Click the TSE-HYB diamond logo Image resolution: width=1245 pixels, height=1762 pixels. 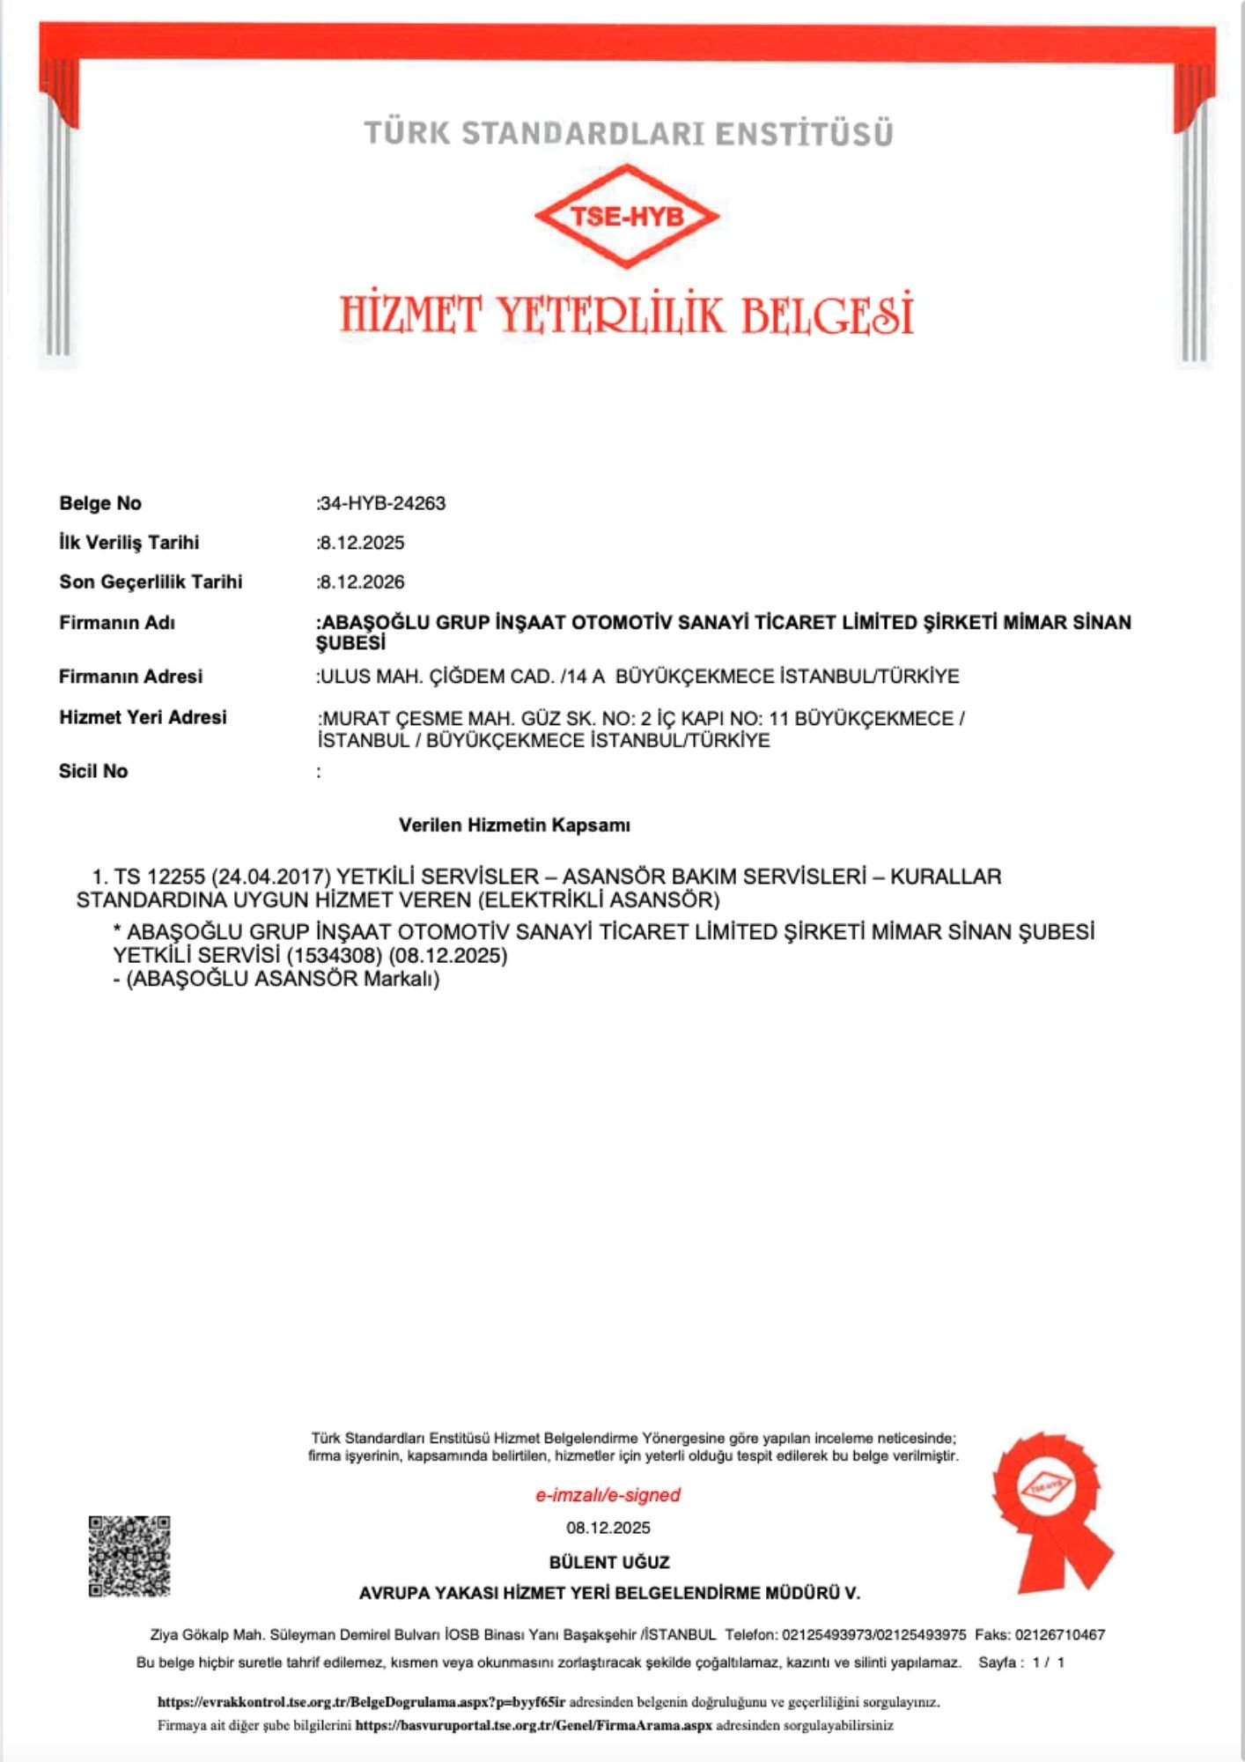tap(626, 217)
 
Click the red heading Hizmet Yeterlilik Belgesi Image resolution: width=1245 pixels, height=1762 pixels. tap(626, 315)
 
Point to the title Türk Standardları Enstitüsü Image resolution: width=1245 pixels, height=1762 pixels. tap(629, 134)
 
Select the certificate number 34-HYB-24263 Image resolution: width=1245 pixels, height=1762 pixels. tap(383, 504)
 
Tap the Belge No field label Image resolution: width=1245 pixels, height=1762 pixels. tap(99, 504)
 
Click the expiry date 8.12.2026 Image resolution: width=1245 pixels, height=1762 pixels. tap(363, 582)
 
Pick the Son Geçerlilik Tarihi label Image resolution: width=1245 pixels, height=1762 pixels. tap(151, 582)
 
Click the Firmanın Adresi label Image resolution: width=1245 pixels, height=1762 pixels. tap(130, 677)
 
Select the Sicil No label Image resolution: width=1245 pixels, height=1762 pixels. tap(93, 772)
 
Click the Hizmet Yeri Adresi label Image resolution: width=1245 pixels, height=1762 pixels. tap(143, 718)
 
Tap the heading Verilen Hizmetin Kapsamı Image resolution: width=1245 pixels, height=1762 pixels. tap(514, 825)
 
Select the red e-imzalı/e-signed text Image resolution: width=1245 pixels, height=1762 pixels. tap(608, 1495)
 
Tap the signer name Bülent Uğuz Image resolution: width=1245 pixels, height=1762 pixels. tap(609, 1562)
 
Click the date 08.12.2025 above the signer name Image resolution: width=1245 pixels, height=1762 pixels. tap(608, 1529)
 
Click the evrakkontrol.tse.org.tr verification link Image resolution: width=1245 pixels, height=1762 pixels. tap(361, 1702)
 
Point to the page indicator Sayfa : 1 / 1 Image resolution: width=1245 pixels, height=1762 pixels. tap(1021, 1662)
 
